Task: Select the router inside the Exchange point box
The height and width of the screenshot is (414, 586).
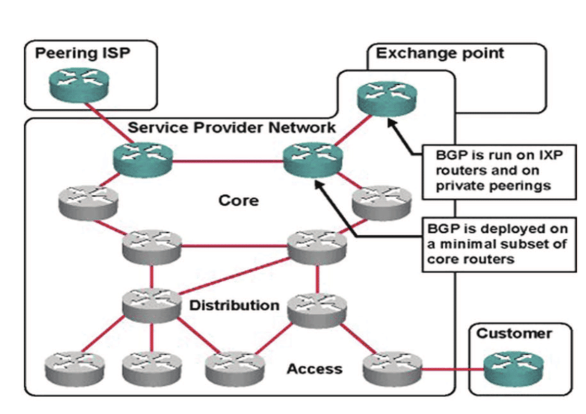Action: point(387,98)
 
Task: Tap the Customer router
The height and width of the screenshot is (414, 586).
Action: point(513,368)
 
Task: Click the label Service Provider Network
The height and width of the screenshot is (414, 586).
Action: point(231,127)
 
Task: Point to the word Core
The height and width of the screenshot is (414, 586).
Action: point(238,200)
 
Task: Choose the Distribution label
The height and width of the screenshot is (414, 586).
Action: point(234,305)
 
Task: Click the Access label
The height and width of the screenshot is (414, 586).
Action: point(314,369)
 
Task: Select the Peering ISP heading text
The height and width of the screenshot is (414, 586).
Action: point(83,53)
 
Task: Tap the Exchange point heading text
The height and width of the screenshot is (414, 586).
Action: point(440,53)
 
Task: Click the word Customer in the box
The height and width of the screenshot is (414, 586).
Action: point(514,333)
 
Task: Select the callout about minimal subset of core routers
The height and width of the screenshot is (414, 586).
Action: point(499,244)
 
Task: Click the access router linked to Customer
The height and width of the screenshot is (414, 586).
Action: point(392,368)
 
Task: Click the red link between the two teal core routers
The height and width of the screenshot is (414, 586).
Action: point(228,161)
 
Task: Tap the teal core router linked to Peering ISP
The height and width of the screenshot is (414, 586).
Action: point(143,160)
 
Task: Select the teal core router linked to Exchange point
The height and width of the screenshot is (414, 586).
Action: point(313,160)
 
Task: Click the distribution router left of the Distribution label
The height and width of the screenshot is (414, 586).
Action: point(151,305)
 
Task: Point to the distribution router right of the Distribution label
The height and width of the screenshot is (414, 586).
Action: point(317,309)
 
